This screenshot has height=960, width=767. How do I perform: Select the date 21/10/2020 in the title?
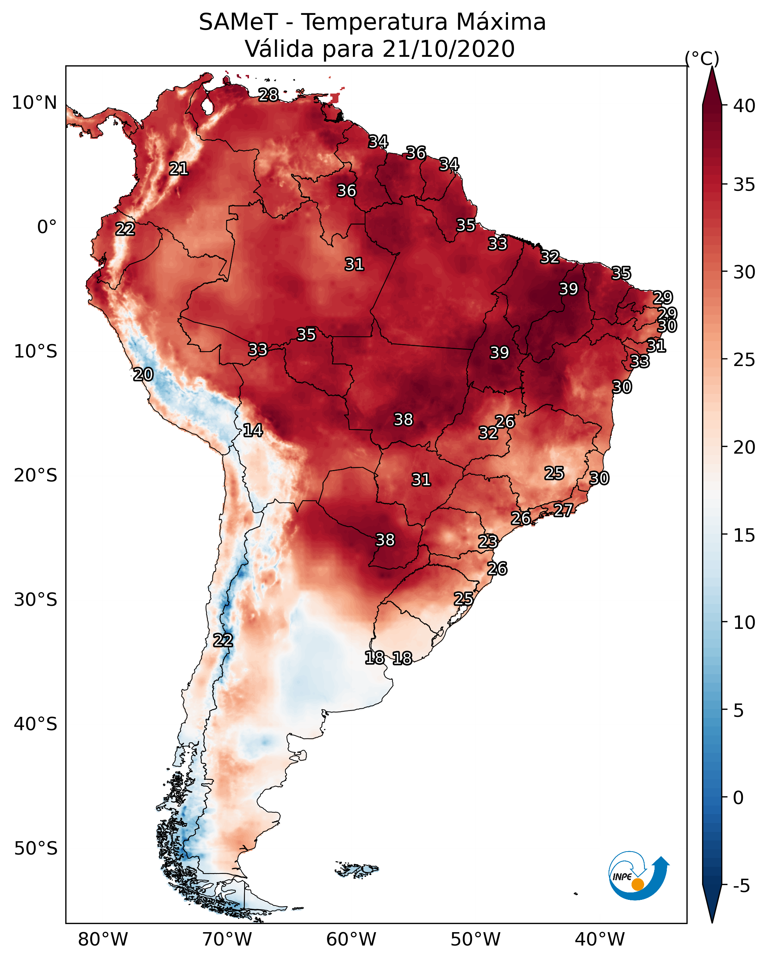click(448, 49)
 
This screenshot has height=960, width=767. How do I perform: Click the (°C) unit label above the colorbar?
click(702, 58)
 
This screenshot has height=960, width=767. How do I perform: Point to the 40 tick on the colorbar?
click(744, 106)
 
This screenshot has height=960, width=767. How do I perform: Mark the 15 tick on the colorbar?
click(744, 535)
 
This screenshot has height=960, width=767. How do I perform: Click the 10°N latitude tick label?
click(34, 103)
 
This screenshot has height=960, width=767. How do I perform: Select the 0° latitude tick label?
click(47, 227)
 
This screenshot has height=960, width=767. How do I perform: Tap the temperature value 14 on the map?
click(253, 431)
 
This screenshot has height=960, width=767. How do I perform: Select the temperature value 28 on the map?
click(268, 95)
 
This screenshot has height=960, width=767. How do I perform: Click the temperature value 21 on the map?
click(178, 169)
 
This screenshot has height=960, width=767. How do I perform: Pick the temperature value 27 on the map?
click(563, 510)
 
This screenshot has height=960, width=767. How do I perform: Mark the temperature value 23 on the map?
click(488, 542)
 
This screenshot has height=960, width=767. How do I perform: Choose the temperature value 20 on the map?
click(143, 375)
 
